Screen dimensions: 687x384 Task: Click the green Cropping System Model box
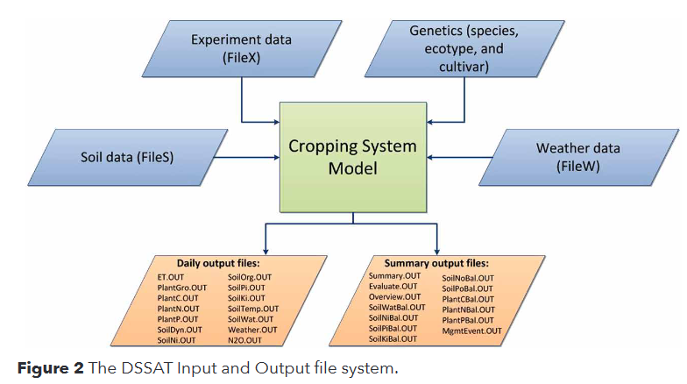click(352, 156)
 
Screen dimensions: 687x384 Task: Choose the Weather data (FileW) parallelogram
click(577, 157)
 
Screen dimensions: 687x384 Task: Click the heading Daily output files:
click(213, 263)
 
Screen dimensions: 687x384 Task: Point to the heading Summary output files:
click(436, 263)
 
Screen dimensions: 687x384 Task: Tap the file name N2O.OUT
click(246, 339)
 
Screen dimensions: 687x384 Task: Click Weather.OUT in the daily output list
click(252, 329)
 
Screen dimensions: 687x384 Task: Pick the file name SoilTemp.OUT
click(253, 309)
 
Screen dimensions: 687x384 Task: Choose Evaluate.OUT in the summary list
click(394, 287)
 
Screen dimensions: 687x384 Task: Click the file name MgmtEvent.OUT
click(472, 330)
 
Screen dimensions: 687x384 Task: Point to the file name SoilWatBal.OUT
click(397, 308)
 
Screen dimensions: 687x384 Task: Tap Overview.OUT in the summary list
click(395, 297)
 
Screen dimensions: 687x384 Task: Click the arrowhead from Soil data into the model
click(273, 159)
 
